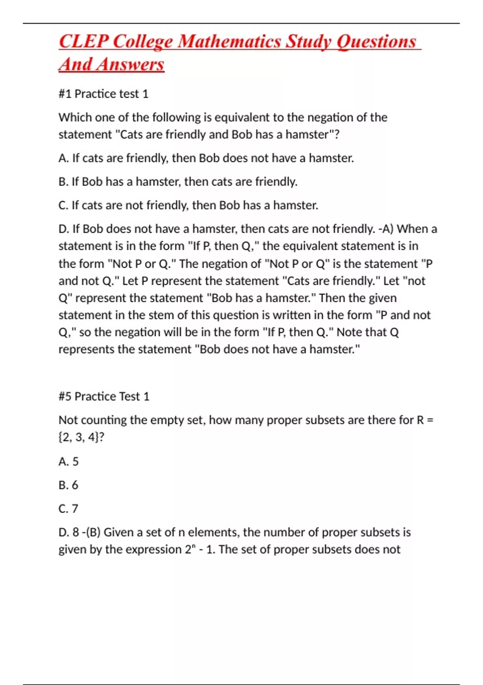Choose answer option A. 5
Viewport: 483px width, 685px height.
68,461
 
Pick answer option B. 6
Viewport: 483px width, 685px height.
68,485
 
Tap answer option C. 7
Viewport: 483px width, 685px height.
68,509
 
